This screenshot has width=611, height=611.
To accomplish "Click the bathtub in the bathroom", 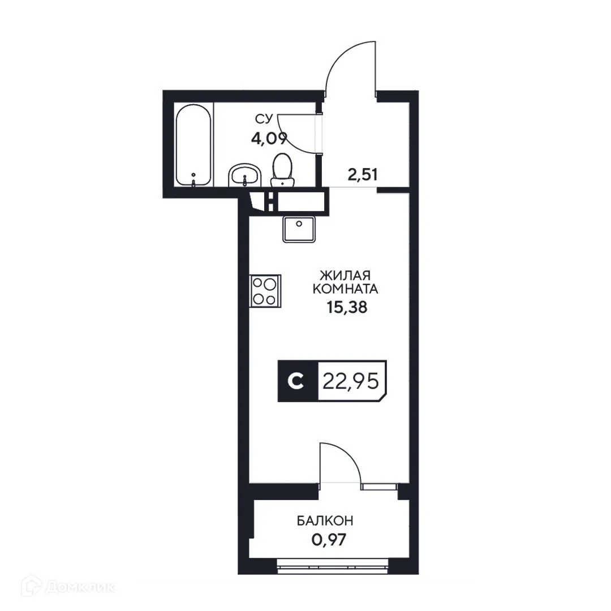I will pyautogui.click(x=193, y=146).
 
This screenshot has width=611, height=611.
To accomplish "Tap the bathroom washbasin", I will pyautogui.click(x=244, y=175).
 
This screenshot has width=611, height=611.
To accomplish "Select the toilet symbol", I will pyautogui.click(x=282, y=170).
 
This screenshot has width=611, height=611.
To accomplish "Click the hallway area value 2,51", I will pyautogui.click(x=362, y=174).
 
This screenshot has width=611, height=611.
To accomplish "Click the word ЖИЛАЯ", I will pyautogui.click(x=345, y=276).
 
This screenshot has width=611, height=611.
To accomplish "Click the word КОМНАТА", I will pyautogui.click(x=345, y=290).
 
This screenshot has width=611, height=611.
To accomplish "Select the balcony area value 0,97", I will pyautogui.click(x=328, y=539).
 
